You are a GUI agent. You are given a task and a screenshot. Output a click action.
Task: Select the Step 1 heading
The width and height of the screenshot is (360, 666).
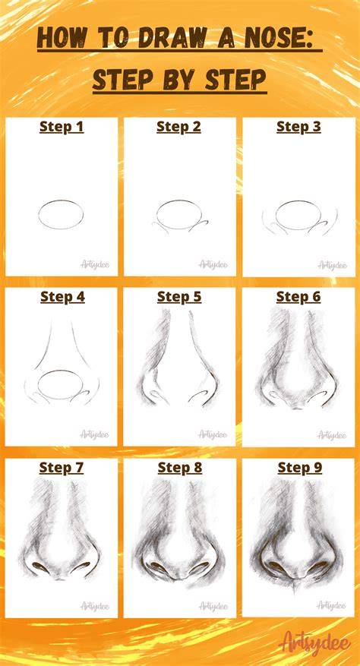tap(62, 127)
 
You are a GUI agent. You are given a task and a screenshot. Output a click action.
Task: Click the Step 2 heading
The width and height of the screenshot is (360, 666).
tap(179, 127)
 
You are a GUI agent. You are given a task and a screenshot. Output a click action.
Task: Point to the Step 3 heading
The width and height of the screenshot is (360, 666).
tap(298, 127)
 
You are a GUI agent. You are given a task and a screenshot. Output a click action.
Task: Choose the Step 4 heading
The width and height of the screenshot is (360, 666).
tap(62, 298)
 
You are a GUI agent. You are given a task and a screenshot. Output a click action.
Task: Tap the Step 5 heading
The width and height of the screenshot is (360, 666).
tap(179, 298)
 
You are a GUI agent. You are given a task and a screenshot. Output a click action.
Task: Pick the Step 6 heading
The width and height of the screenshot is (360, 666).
tap(298, 298)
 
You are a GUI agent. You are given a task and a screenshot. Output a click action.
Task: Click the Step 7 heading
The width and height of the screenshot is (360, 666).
tap(62, 468)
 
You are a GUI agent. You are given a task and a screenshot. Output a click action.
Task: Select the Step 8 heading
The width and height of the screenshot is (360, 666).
tap(180, 468)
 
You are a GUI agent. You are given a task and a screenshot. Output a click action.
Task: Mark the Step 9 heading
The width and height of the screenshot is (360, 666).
tap(300, 468)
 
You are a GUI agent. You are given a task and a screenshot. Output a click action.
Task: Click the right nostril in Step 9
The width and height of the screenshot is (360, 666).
tap(320, 565)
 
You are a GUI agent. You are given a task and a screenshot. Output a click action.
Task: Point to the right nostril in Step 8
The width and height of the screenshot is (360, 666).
tap(201, 567)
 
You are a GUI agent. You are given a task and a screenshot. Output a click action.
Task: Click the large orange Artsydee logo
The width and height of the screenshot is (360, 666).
tap(315, 642)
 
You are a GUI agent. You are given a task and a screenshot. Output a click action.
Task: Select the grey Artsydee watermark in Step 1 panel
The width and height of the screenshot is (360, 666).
tap(95, 264)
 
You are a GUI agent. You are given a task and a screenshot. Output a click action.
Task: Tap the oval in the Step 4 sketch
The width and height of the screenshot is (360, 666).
tap(60, 371)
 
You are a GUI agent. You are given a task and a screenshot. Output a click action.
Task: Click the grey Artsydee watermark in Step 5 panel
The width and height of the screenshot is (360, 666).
tap(213, 434)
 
